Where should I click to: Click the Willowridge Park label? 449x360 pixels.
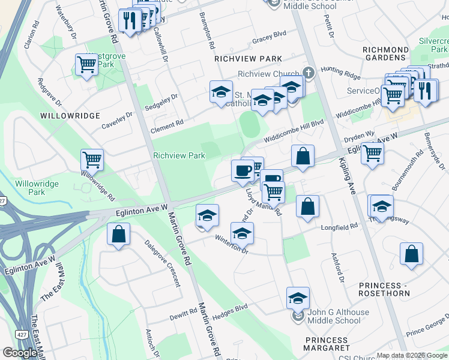[x=31, y=188]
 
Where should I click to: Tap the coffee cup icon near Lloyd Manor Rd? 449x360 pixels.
[x=243, y=171]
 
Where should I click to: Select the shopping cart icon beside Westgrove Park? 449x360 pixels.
[x=86, y=65]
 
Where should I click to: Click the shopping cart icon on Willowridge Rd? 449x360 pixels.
[x=92, y=160]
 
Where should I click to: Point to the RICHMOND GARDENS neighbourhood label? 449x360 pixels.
[x=393, y=53]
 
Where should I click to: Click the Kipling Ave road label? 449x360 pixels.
[x=352, y=174]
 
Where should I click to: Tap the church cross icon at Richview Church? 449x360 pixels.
[x=309, y=73]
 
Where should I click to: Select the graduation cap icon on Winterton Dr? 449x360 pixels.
[x=242, y=233]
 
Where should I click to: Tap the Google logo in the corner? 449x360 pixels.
[x=20, y=353]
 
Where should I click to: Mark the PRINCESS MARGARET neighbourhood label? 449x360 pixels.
[x=327, y=344]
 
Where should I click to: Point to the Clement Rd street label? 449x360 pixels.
[x=167, y=124]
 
